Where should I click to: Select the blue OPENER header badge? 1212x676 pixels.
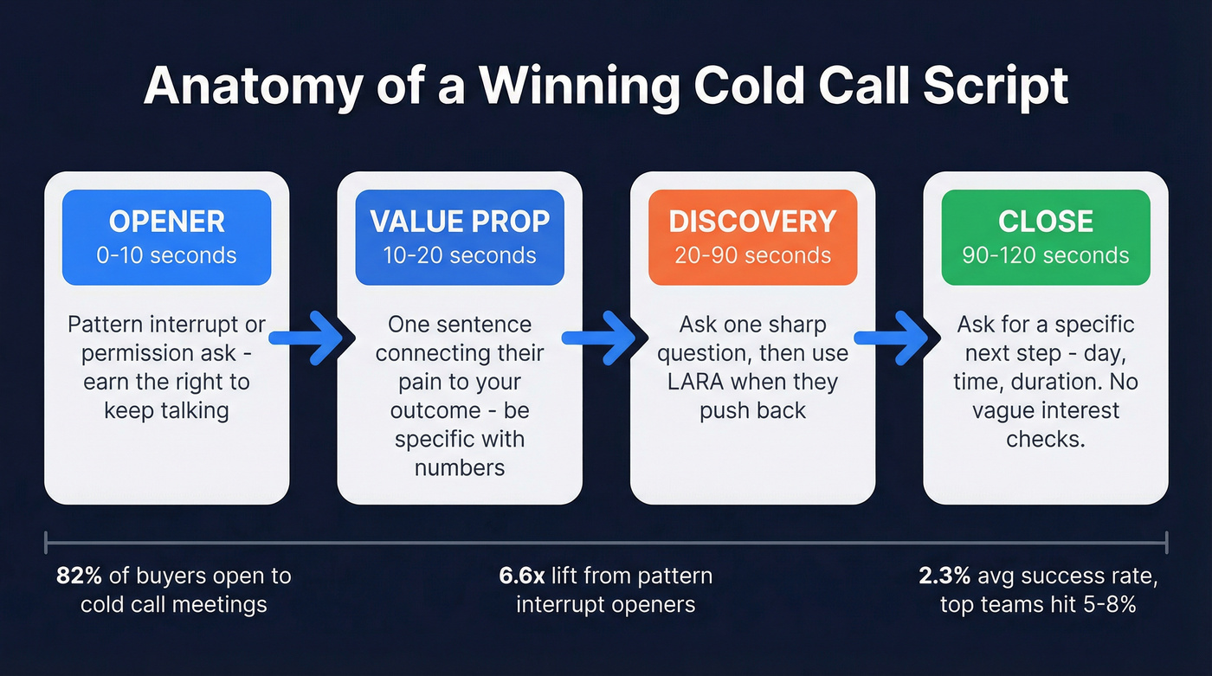(166, 237)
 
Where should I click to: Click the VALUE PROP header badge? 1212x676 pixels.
(460, 237)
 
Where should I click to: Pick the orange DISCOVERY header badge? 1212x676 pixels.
(752, 237)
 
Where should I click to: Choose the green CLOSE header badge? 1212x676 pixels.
(1045, 237)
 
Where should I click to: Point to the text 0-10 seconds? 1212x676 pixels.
(166, 255)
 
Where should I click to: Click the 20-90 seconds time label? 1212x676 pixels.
(752, 255)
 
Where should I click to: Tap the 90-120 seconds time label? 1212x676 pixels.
(1045, 255)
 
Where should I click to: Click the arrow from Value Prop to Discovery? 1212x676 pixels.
(605, 338)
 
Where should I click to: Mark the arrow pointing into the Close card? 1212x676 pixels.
(898, 338)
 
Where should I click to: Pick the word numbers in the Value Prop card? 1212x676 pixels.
(460, 467)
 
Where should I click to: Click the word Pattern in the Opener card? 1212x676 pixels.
(106, 325)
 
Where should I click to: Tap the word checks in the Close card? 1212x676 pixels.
(1045, 439)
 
